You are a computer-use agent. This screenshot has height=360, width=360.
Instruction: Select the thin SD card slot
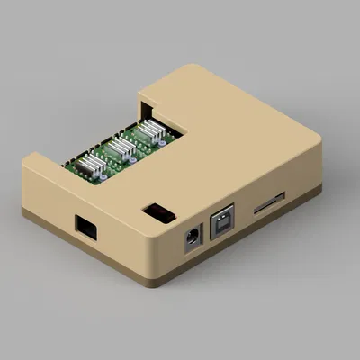(x=269, y=204)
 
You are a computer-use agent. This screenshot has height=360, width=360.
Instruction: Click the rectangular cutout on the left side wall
(x=87, y=228)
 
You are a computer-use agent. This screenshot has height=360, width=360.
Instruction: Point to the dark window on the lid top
(x=159, y=213)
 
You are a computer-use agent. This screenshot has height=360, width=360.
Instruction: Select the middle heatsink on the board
(x=121, y=147)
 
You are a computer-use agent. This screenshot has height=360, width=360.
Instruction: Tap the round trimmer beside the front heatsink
(x=109, y=175)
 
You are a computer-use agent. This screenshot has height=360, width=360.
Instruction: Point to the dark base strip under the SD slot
(x=270, y=220)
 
